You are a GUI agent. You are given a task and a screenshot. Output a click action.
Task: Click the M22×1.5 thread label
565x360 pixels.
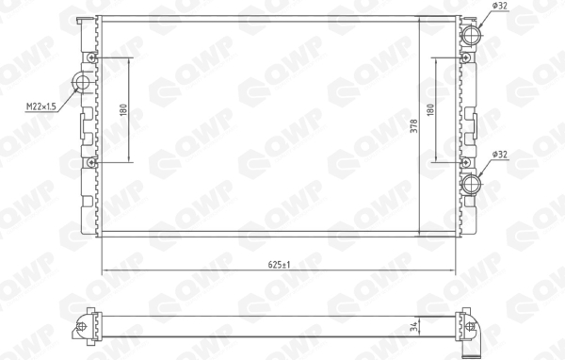pos(41,106)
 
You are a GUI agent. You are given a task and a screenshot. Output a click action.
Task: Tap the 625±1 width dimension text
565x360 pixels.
pos(280,265)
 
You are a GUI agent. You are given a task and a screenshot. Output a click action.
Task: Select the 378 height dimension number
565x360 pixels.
pos(414,126)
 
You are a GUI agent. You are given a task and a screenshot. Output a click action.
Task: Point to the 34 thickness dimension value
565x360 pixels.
pos(415,327)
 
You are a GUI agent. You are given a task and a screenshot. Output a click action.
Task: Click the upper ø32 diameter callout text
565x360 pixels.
pos(499,6)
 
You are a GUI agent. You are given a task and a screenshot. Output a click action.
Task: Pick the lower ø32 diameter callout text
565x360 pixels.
pos(500,155)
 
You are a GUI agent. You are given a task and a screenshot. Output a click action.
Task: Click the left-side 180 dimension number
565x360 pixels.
pos(123,110)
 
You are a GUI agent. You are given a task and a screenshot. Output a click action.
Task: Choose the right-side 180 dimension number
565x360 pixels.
pos(430,109)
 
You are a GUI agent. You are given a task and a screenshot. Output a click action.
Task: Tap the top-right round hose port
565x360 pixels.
pos(471,35)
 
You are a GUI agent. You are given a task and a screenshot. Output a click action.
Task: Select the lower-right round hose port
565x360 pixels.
pos(471,185)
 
